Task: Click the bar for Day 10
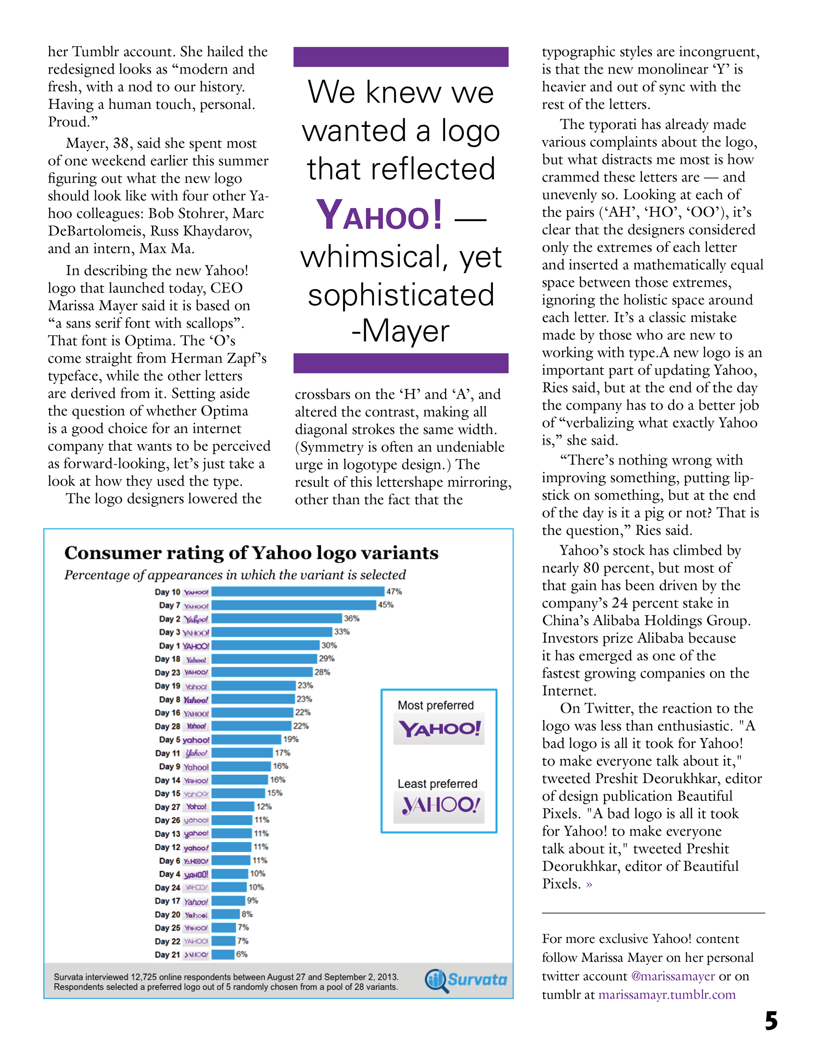(x=297, y=592)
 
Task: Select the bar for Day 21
(x=223, y=954)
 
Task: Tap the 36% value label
(x=351, y=618)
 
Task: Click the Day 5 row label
(x=170, y=739)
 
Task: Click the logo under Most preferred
(x=439, y=729)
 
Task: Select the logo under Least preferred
(x=439, y=805)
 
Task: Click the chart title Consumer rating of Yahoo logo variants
(x=251, y=553)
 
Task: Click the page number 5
(x=771, y=1021)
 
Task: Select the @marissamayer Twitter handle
(x=673, y=976)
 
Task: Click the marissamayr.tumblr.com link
(x=666, y=995)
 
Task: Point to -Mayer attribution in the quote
(x=401, y=331)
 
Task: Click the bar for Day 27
(x=232, y=806)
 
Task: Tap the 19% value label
(x=290, y=739)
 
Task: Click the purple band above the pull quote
(x=401, y=57)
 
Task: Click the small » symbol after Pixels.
(x=589, y=884)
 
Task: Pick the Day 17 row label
(x=167, y=900)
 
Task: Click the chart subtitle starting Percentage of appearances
(x=235, y=575)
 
